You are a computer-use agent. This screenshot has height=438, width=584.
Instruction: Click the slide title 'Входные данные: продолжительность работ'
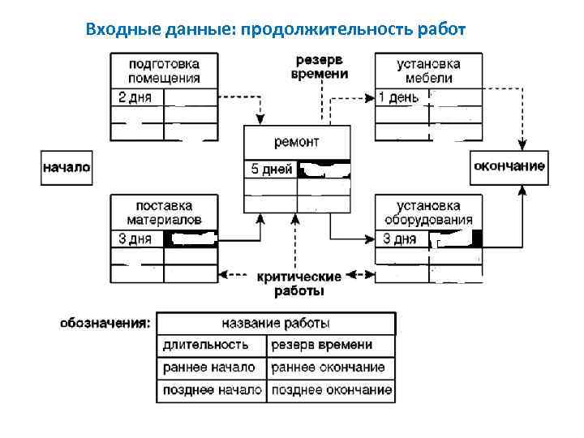pyautogui.click(x=275, y=30)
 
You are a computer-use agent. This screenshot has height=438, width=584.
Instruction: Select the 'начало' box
pyautogui.click(x=67, y=168)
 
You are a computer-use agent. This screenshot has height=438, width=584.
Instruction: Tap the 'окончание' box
pyautogui.click(x=509, y=167)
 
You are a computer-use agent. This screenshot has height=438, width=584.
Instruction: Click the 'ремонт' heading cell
pyautogui.click(x=297, y=143)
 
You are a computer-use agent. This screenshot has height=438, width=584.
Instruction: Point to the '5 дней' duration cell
pyautogui.click(x=271, y=170)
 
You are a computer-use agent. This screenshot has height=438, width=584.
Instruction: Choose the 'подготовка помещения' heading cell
pyautogui.click(x=164, y=71)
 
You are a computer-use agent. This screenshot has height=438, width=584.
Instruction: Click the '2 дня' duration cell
pyautogui.click(x=136, y=97)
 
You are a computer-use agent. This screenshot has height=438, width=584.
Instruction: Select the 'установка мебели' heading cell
pyautogui.click(x=428, y=71)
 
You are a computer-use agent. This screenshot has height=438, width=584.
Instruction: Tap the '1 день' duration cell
pyautogui.click(x=401, y=97)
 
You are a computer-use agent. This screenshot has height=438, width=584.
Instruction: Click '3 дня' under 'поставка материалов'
pyautogui.click(x=136, y=238)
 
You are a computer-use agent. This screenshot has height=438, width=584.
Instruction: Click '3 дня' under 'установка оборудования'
pyautogui.click(x=401, y=238)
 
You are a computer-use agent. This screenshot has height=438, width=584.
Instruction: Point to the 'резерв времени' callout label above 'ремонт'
pyautogui.click(x=319, y=67)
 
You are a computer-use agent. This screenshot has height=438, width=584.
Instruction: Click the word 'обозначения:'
pyautogui.click(x=105, y=323)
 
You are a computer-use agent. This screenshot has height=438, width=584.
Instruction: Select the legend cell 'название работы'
pyautogui.click(x=276, y=324)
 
